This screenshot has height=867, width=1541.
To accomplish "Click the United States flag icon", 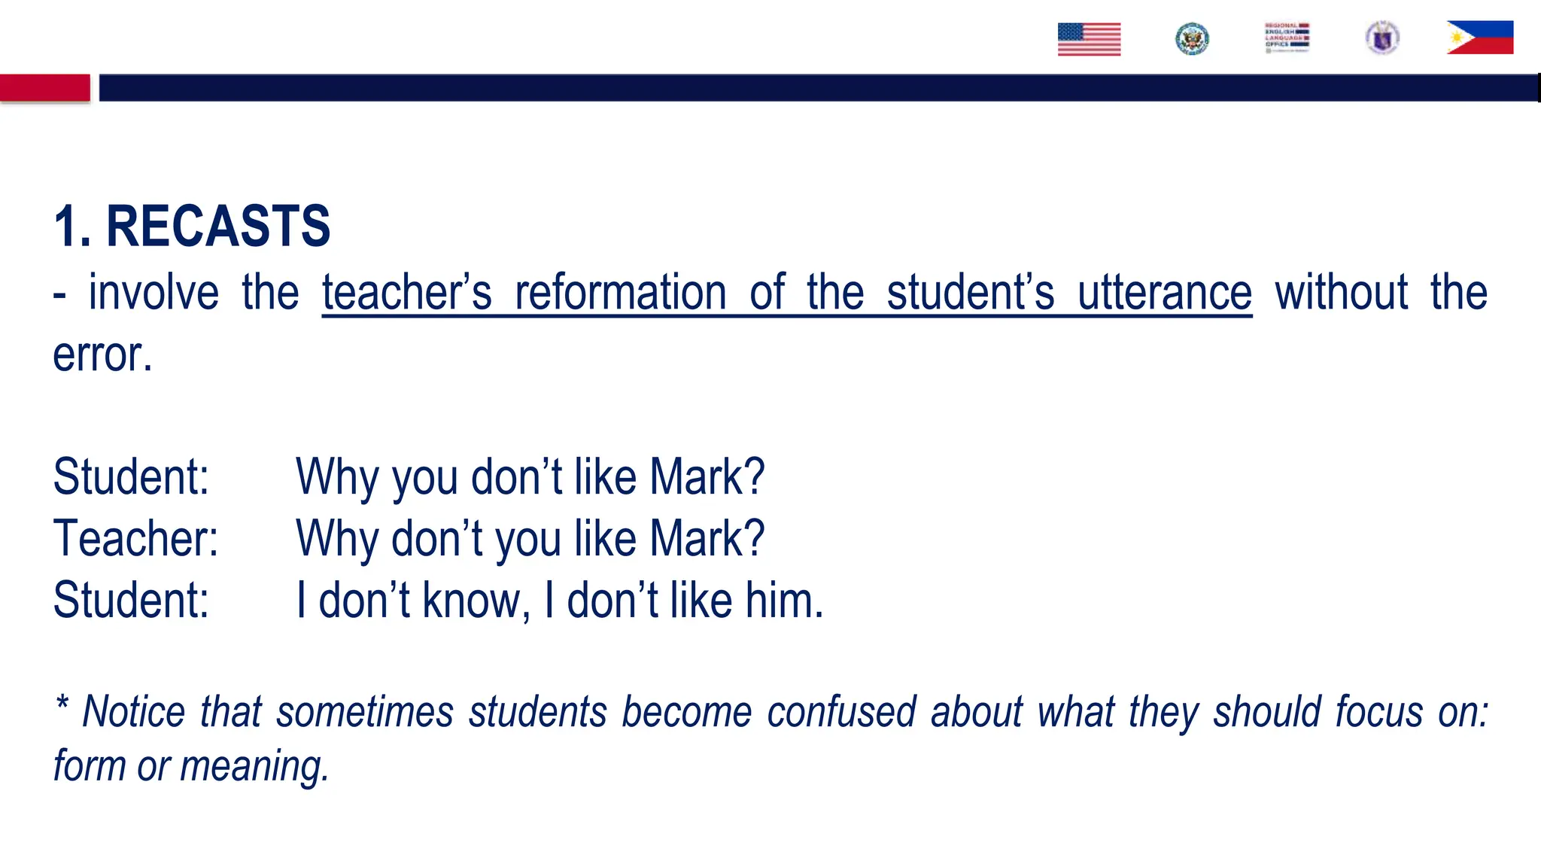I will coord(1089,39).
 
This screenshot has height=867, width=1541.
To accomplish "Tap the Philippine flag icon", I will coord(1479,38).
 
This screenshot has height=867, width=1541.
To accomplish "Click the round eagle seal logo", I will coord(1192,39).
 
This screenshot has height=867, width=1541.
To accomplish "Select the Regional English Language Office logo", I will coord(1287,38).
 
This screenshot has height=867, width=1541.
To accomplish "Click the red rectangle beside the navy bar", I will coord(45,87).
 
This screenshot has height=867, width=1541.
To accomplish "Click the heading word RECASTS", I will coord(218,226).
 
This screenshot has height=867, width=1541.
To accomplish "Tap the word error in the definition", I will coord(102,354).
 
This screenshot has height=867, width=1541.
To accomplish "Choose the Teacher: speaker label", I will coord(135,539).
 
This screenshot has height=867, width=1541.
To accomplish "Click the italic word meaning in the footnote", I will coord(254,766).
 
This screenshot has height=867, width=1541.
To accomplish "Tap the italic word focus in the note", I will coord(1379,712).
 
